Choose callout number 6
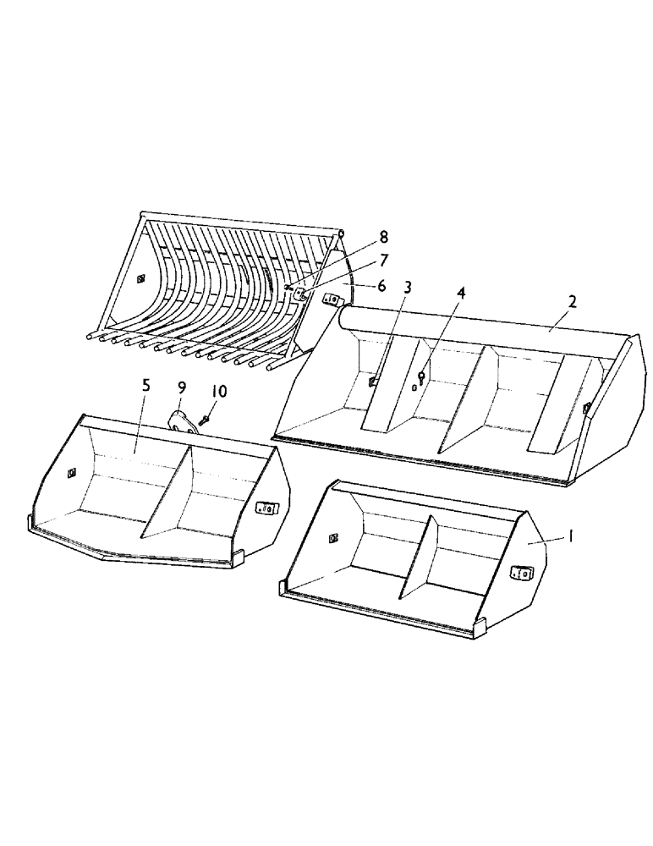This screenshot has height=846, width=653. pyautogui.click(x=381, y=287)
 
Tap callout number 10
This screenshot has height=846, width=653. pyautogui.click(x=219, y=392)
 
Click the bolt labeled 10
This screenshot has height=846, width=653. pyautogui.click(x=206, y=419)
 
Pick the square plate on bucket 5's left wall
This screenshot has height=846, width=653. pyautogui.click(x=72, y=473)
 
